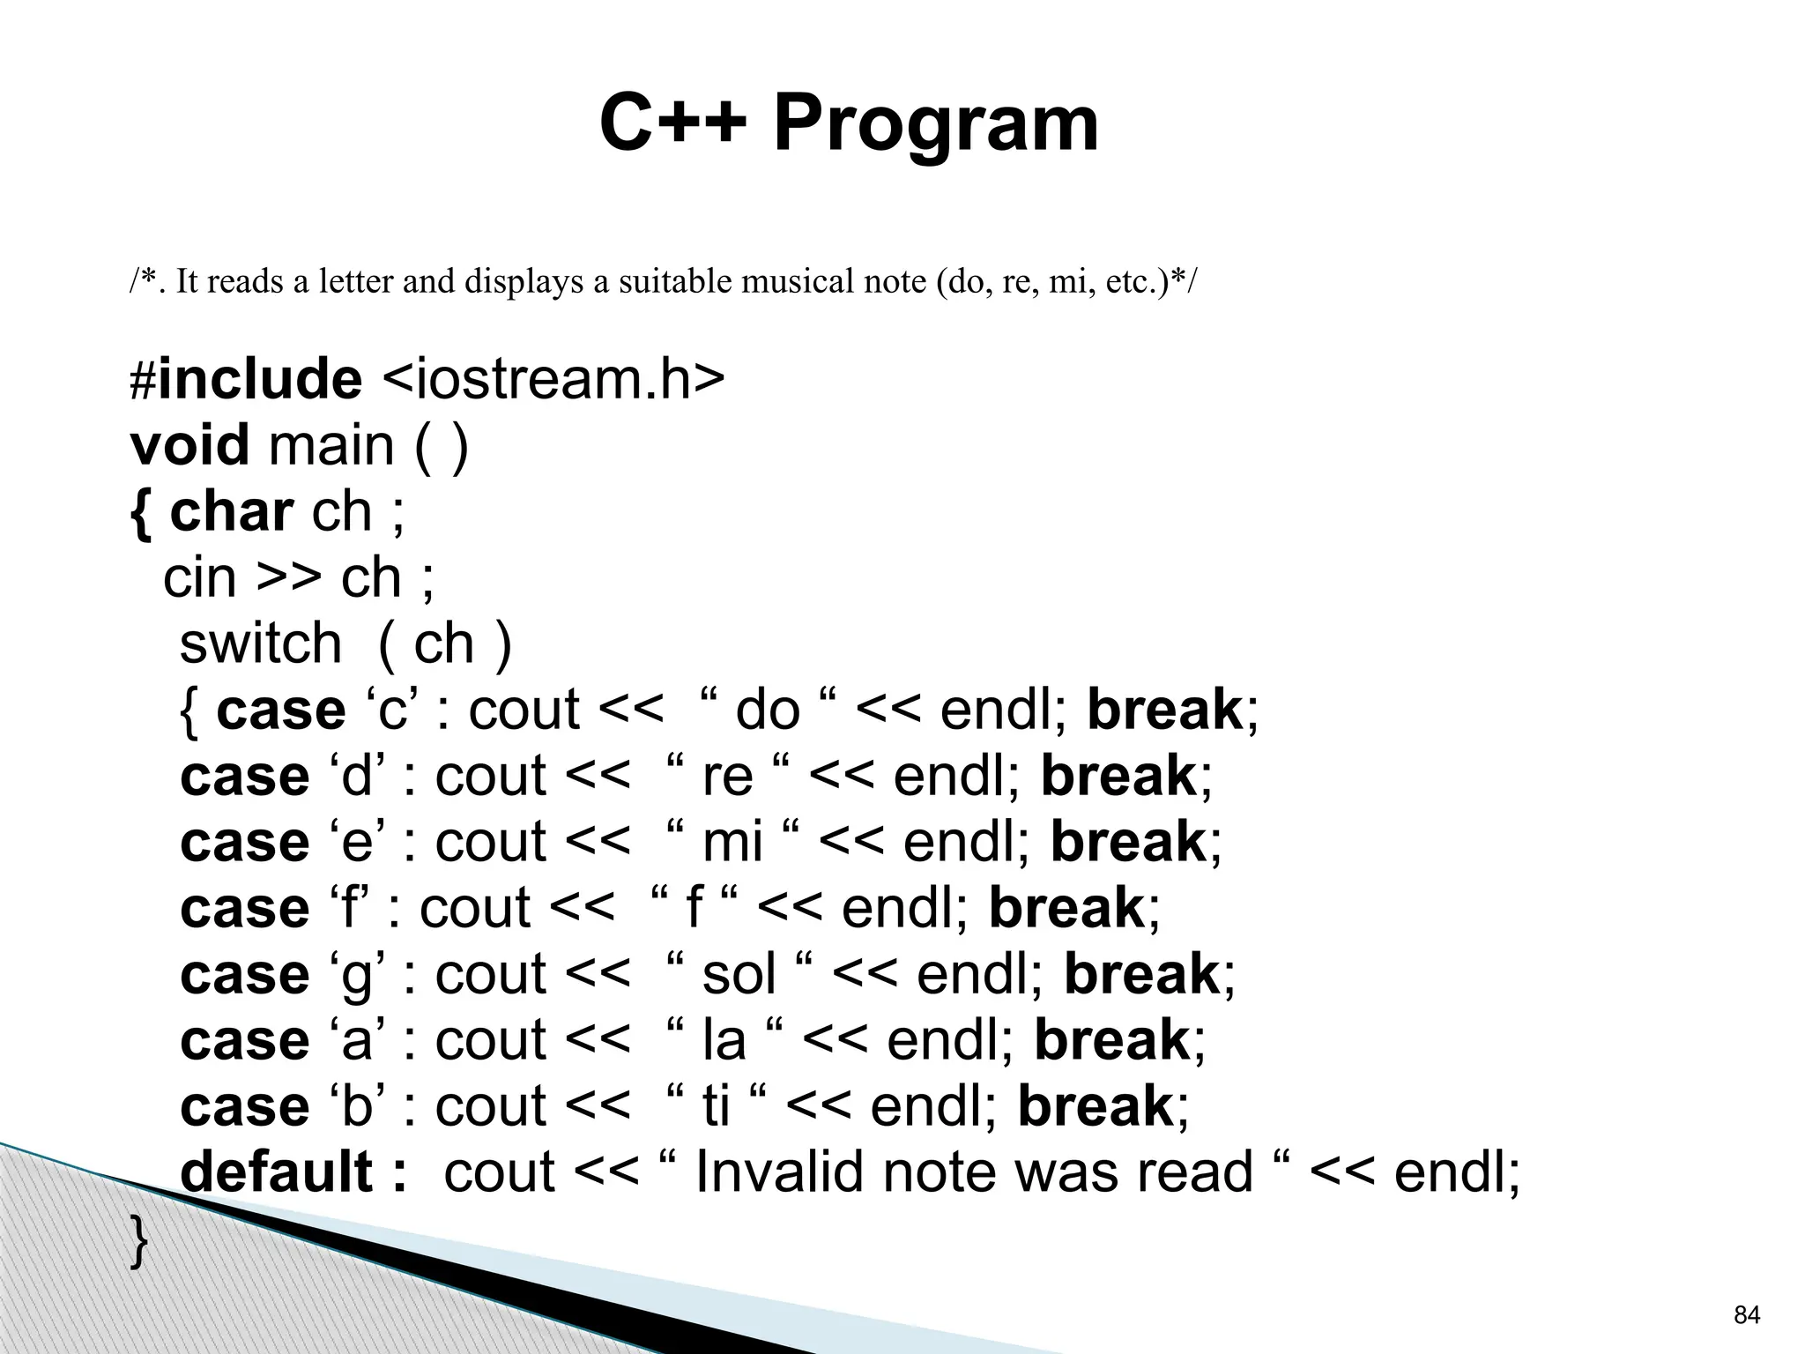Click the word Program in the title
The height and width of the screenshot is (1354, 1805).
click(x=936, y=125)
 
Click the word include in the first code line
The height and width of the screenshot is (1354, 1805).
click(x=259, y=378)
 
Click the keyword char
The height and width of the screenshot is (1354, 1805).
click(x=231, y=511)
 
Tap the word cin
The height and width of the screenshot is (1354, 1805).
click(x=200, y=577)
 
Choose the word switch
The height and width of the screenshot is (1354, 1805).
click(x=260, y=643)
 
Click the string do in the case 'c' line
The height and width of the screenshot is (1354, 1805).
click(x=767, y=710)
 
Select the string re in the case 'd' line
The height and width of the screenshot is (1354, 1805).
click(x=727, y=776)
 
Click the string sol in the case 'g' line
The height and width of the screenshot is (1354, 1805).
click(x=739, y=974)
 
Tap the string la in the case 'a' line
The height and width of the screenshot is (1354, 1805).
click(x=724, y=1040)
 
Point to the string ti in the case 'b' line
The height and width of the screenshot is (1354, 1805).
click(x=716, y=1106)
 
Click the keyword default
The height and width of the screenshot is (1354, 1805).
click(x=277, y=1172)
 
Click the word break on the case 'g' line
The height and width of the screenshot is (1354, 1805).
click(x=1141, y=974)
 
